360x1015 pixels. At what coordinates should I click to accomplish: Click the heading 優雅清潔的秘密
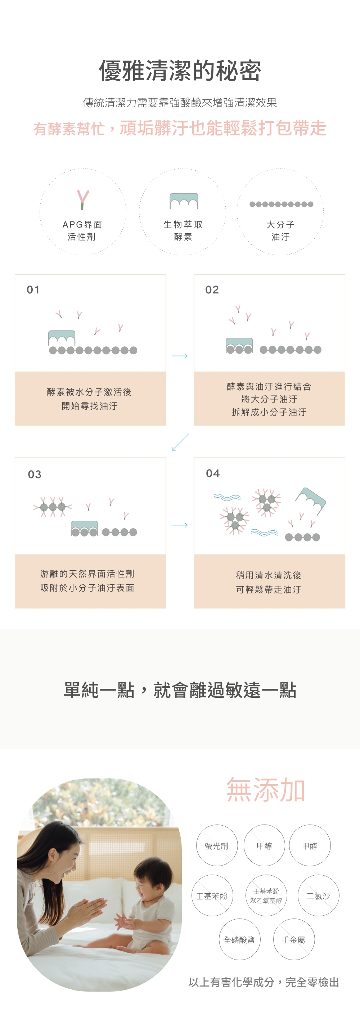tap(180, 71)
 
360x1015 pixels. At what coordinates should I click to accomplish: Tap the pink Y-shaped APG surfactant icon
tap(83, 200)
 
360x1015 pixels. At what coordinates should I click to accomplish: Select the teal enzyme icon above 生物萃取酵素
tap(184, 201)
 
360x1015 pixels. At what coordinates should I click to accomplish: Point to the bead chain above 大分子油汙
tap(281, 204)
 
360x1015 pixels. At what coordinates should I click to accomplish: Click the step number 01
tap(33, 290)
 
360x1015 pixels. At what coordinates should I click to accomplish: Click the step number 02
tap(212, 290)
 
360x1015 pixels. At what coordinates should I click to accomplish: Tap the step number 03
tap(35, 475)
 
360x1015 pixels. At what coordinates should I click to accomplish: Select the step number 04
tap(213, 473)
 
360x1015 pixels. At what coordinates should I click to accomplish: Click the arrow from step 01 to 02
tap(180, 356)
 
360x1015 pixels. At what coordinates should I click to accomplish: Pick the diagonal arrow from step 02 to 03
tap(180, 442)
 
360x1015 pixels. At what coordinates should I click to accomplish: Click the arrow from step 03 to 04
tap(180, 525)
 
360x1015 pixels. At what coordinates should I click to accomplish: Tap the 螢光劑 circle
tap(217, 845)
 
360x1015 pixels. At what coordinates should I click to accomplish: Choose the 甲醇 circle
tap(264, 845)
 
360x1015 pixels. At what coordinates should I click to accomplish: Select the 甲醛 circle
tap(310, 845)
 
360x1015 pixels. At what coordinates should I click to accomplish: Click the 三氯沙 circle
tap(318, 895)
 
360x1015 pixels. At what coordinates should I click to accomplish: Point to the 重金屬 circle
tap(294, 940)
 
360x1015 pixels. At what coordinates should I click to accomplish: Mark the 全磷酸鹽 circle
tap(239, 940)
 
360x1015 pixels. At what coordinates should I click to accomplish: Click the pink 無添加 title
tap(266, 790)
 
